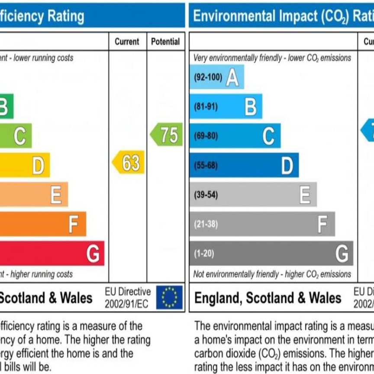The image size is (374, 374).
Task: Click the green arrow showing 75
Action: [x=167, y=135]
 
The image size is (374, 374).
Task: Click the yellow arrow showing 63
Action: [x=129, y=163]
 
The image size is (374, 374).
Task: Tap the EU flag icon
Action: [x=169, y=297]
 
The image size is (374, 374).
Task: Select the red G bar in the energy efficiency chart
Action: [x=52, y=253]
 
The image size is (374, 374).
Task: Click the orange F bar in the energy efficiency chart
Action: [x=43, y=224]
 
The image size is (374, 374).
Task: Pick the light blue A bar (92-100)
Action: [x=216, y=77]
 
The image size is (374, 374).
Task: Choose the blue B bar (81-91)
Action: [x=226, y=106]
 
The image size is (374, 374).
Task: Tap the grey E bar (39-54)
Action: [x=253, y=194]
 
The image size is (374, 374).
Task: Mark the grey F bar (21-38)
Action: [x=262, y=224]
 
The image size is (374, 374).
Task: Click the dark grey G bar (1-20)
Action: [x=271, y=253]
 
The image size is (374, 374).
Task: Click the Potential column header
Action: [x=165, y=42]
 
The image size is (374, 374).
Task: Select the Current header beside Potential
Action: [x=127, y=42]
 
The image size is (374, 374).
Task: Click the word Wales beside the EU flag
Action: [x=76, y=298]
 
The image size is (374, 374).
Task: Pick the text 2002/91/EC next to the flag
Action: [x=126, y=304]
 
